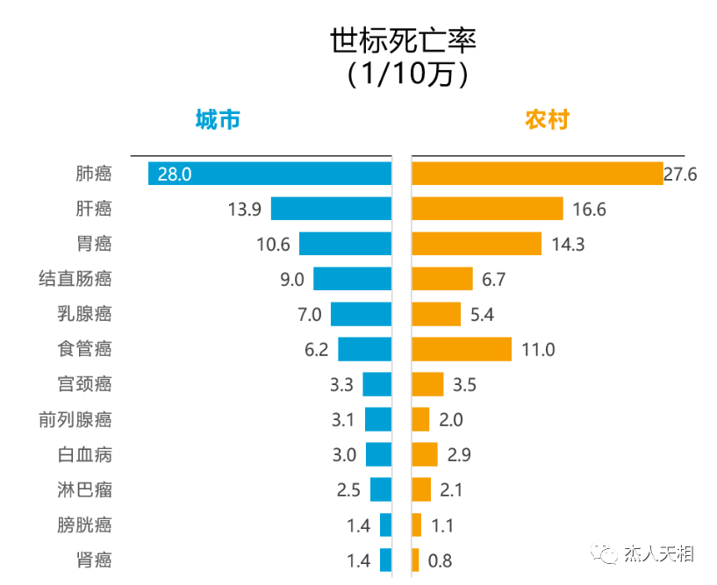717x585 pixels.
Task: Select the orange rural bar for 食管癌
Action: (462, 349)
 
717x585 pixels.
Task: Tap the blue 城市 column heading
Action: (218, 120)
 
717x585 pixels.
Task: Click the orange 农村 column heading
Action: (547, 120)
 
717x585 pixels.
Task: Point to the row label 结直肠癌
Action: (75, 279)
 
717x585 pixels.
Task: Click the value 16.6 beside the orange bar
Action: (588, 209)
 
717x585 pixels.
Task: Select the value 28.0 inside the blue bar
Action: (175, 174)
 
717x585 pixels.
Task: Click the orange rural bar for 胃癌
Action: (477, 244)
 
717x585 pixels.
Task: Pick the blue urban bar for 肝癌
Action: (331, 209)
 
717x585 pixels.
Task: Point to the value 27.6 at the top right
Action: (680, 174)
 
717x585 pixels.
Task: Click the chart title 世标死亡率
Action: (403, 40)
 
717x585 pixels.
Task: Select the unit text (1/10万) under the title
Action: (403, 74)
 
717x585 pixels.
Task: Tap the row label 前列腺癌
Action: (75, 419)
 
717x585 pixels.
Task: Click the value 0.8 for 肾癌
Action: (440, 560)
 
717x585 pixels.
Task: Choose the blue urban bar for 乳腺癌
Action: (361, 314)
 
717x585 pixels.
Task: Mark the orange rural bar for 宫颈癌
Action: (427, 384)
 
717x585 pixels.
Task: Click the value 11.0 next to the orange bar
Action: (538, 349)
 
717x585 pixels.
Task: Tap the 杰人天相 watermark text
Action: (658, 553)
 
